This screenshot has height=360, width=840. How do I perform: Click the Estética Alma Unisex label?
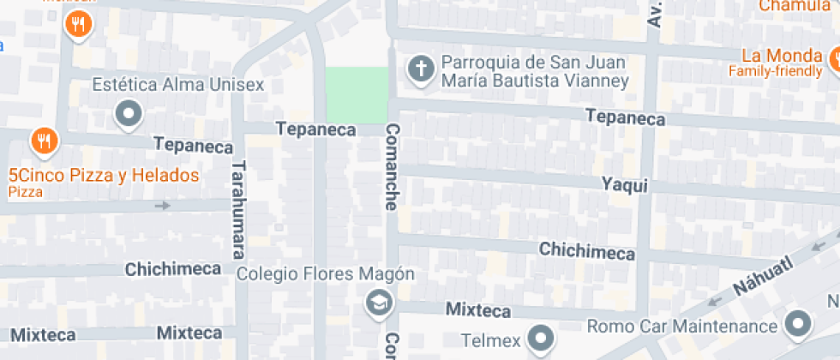tap(177, 85)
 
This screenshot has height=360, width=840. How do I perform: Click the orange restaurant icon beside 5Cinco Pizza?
tap(43, 139)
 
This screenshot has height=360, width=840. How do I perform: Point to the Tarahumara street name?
tap(238, 210)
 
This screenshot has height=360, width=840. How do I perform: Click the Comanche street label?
tap(392, 167)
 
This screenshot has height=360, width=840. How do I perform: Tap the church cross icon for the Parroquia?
tap(420, 69)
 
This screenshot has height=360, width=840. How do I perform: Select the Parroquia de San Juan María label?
tap(535, 72)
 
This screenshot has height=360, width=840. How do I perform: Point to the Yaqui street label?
tap(624, 185)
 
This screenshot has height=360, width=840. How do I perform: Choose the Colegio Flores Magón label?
tap(326, 274)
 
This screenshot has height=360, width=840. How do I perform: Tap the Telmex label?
tap(490, 340)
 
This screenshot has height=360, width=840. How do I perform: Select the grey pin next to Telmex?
tap(542, 338)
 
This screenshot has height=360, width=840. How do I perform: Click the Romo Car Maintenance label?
tap(682, 327)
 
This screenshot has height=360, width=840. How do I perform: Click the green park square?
tap(357, 95)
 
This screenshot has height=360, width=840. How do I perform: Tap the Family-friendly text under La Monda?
tap(774, 71)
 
